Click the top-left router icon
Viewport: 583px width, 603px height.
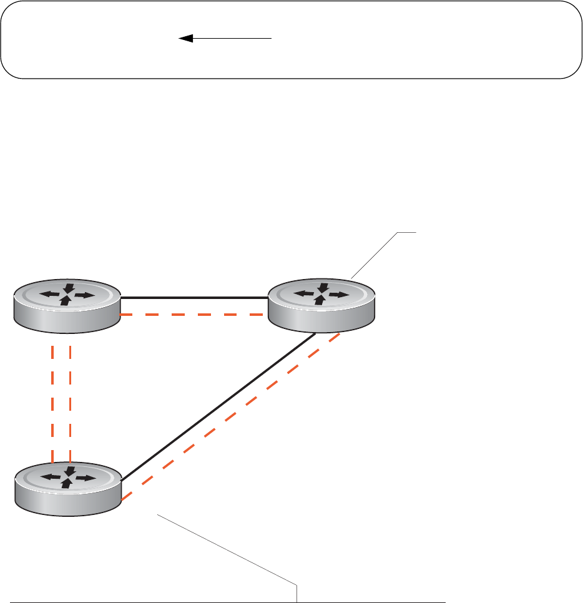67,306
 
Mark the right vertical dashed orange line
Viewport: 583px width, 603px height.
70,400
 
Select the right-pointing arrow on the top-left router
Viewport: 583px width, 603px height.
86,296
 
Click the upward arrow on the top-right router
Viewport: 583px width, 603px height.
320,300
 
